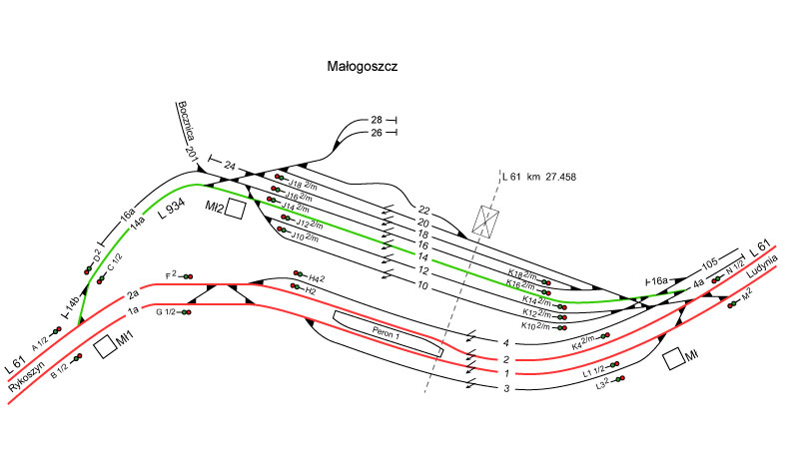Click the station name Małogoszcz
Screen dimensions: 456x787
tap(363, 67)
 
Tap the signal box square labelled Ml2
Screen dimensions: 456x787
tap(235, 209)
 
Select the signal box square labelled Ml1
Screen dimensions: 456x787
tap(104, 347)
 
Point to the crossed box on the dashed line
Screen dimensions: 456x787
tap(486, 221)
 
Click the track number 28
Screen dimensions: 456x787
tap(376, 120)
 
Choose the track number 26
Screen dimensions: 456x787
tap(376, 133)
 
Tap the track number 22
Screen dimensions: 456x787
tap(423, 210)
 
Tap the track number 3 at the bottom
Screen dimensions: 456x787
tap(506, 388)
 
